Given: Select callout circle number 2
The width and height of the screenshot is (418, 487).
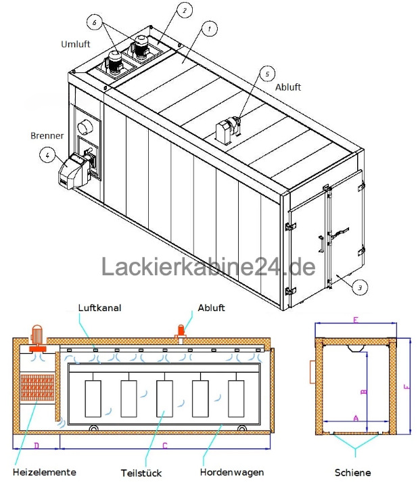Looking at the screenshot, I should tap(183, 10).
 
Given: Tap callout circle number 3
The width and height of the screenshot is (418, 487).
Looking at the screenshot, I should tap(361, 287).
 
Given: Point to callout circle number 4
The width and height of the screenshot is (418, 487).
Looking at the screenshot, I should tap(47, 155).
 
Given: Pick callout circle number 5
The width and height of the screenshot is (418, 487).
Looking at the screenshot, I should tap(268, 72).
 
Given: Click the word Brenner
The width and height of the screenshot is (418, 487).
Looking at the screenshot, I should tap(47, 135).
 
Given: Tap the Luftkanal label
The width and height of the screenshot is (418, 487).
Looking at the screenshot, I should tap(99, 307).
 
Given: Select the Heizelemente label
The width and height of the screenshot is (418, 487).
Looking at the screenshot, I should tap(44, 471).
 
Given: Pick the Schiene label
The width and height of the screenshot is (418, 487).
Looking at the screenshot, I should tap(352, 471).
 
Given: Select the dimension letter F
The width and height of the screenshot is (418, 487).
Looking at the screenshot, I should tap(405, 388).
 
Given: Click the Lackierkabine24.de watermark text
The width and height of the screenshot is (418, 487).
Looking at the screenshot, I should tap(208, 266).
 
